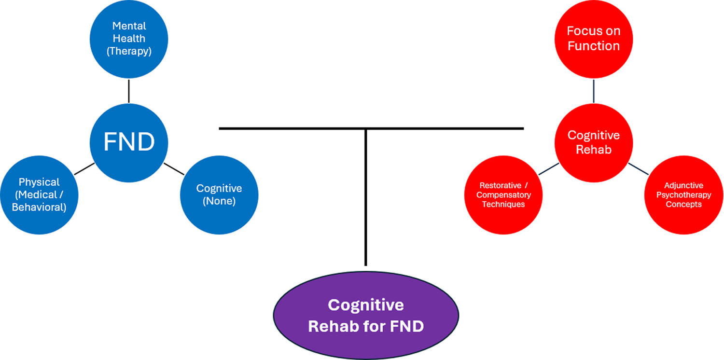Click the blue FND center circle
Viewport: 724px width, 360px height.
tap(129, 142)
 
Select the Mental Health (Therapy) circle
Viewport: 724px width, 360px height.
tap(129, 39)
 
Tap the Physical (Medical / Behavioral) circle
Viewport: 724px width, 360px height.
tap(39, 195)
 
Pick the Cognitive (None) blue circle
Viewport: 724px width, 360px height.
tap(219, 195)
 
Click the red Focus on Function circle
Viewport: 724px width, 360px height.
tap(593, 39)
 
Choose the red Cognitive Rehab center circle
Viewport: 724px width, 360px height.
tap(593, 142)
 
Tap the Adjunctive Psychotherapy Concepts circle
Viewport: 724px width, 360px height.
tap(683, 195)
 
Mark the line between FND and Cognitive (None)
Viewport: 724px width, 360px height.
tap(174, 169)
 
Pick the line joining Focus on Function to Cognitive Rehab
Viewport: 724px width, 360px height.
tap(593, 90)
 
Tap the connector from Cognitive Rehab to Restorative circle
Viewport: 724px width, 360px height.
tap(549, 168)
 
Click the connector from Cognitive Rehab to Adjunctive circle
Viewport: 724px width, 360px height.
tap(638, 168)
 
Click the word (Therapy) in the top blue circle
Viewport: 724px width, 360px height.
tap(129, 51)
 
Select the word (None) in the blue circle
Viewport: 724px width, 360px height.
tap(219, 201)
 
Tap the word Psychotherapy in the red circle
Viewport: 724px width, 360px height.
tap(683, 195)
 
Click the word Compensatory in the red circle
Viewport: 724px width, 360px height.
tap(503, 195)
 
